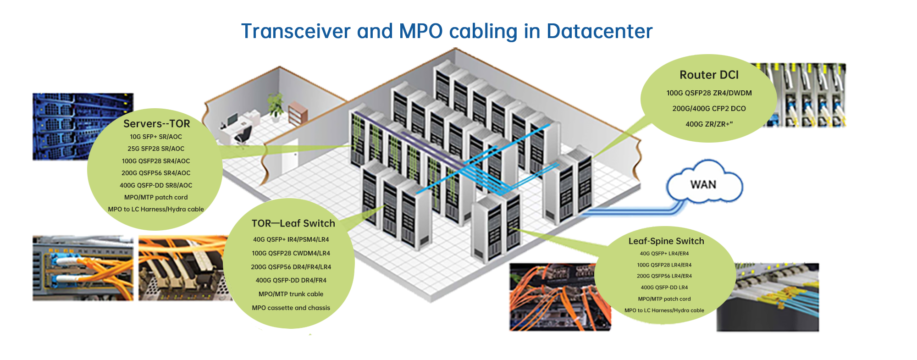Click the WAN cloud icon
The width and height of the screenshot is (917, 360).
(704, 184)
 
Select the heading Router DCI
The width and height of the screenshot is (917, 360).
(709, 75)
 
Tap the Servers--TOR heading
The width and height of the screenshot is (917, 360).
(156, 124)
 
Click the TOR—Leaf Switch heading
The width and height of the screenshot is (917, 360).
(293, 223)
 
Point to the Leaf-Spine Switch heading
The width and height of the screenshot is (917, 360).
(666, 241)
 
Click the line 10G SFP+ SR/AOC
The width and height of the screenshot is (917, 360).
(156, 137)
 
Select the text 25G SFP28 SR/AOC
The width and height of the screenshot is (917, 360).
(156, 149)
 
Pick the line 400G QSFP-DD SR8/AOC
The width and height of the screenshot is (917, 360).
(156, 185)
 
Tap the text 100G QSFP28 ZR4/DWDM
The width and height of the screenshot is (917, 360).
(709, 93)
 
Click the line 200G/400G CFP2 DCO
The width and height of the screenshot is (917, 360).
(709, 109)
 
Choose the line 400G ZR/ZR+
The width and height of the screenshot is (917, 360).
(709, 124)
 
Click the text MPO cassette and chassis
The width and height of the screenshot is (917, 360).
(291, 308)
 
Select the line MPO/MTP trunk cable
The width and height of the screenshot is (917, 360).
(291, 294)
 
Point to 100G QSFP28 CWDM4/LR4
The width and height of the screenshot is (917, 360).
(291, 253)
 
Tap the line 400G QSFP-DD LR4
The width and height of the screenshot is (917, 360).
(664, 288)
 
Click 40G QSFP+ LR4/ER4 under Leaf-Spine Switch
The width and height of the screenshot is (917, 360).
(664, 254)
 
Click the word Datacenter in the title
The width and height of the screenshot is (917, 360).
(599, 31)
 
